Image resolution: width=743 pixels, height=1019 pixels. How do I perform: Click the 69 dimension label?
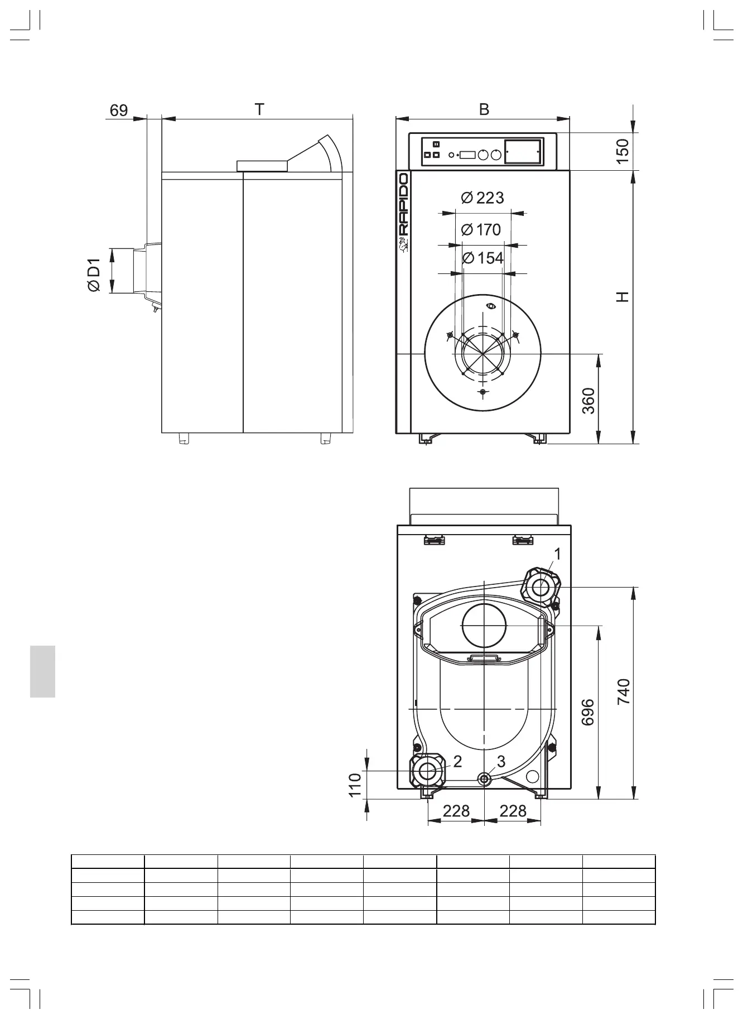click(x=119, y=110)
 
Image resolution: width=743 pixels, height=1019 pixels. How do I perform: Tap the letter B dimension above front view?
click(x=484, y=110)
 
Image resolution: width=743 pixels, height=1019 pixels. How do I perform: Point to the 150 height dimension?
click(x=623, y=151)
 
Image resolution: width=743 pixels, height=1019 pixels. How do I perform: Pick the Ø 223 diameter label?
click(x=483, y=198)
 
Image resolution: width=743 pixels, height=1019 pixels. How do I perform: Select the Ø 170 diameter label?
click(x=482, y=229)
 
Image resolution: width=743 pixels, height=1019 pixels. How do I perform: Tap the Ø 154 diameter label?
click(x=483, y=258)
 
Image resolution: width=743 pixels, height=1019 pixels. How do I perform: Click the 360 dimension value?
click(x=589, y=401)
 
